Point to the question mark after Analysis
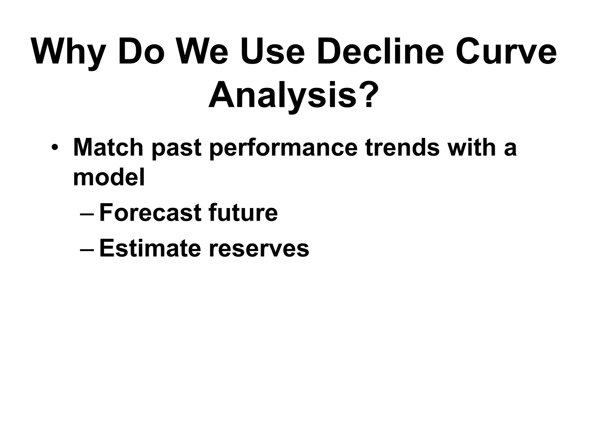coord(369,95)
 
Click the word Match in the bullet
coord(108,148)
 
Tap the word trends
coord(402,148)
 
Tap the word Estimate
coord(150,249)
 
